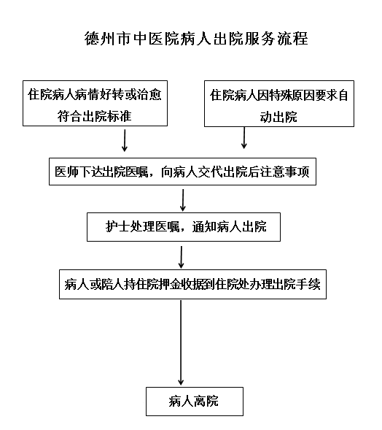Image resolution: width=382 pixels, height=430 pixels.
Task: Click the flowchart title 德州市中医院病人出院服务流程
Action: coord(196,39)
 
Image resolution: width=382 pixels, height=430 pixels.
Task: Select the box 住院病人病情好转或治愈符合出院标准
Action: coord(95,104)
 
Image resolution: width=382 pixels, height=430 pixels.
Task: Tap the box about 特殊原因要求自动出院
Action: coord(279,104)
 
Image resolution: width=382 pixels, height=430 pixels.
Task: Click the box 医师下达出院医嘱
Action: coord(182,172)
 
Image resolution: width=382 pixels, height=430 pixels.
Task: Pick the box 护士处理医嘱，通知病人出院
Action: coord(184,227)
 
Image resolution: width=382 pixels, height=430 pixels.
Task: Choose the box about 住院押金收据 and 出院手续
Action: coord(192,285)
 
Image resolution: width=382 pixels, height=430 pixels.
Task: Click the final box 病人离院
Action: coord(195,402)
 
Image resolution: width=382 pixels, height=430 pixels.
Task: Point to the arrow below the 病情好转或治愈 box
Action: coord(125,140)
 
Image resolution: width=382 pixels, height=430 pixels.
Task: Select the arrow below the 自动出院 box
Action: coord(244,138)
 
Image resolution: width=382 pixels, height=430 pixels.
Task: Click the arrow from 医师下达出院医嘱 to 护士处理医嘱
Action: coord(183,200)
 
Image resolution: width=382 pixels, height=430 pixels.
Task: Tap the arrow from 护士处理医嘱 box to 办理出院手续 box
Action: coord(181,257)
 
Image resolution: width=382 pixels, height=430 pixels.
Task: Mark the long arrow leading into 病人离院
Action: coord(181,343)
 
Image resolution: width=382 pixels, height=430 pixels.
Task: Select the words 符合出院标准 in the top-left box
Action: coord(94,116)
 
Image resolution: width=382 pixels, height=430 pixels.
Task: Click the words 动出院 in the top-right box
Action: coord(278,117)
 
